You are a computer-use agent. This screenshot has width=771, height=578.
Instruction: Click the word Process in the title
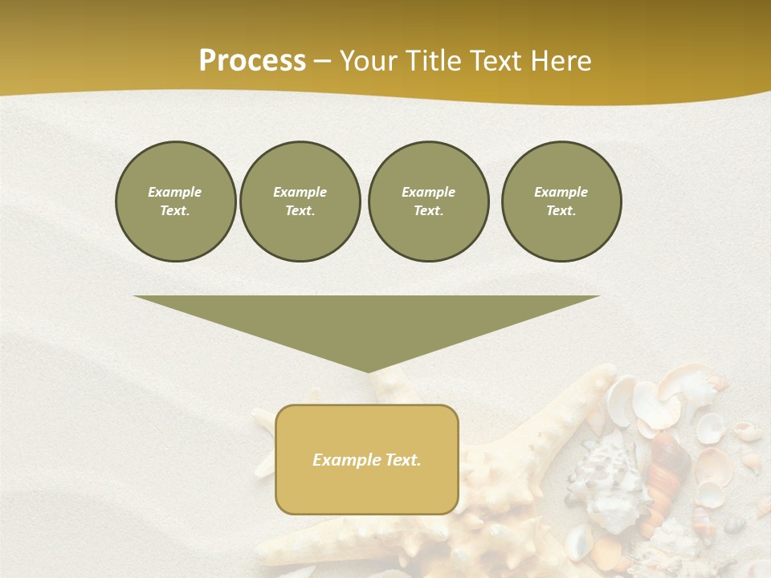point(252,61)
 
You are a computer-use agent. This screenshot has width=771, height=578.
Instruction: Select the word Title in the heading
point(437,61)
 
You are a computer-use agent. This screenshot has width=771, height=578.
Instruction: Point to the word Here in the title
point(561,61)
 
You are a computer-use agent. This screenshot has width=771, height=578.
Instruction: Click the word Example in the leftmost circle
point(175,192)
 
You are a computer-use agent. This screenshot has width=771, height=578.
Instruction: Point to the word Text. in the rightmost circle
point(561,210)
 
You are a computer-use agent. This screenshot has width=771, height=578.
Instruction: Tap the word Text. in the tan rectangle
point(402,460)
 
